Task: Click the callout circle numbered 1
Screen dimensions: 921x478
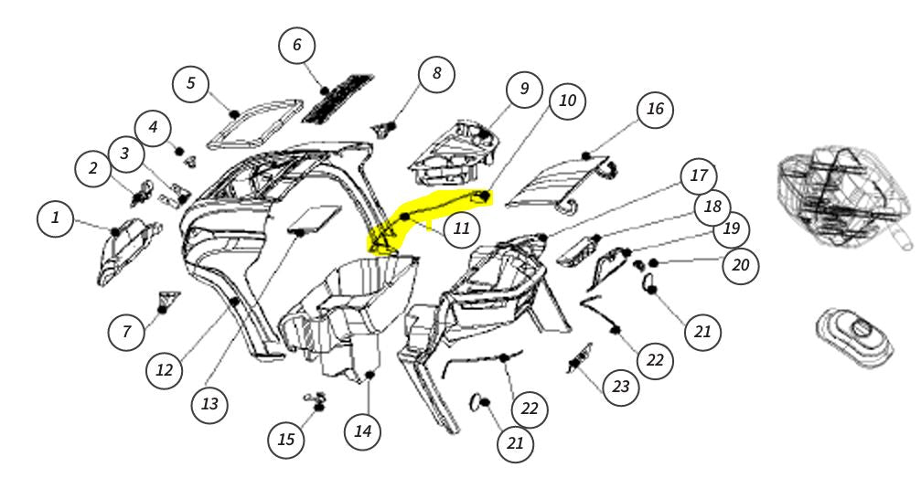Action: pyautogui.click(x=55, y=218)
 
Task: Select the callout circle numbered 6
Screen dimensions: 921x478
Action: pyautogui.click(x=296, y=45)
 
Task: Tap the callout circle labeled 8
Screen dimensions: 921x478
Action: pyautogui.click(x=436, y=73)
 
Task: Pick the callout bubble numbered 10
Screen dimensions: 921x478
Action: pyautogui.click(x=567, y=101)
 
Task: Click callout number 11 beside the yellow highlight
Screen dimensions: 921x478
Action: pyautogui.click(x=462, y=228)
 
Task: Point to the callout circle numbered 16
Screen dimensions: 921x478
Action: pyautogui.click(x=655, y=109)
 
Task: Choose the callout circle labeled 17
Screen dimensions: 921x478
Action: pyautogui.click(x=699, y=175)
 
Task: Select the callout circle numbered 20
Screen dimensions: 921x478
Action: pyautogui.click(x=741, y=265)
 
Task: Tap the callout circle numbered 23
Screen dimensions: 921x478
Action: pyautogui.click(x=620, y=387)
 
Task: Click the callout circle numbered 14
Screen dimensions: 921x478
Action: pyautogui.click(x=363, y=431)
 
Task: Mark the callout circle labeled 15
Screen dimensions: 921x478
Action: pyautogui.click(x=286, y=440)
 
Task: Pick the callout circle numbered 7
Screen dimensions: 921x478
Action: pyautogui.click(x=127, y=332)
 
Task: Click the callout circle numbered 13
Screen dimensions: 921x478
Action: pyautogui.click(x=209, y=404)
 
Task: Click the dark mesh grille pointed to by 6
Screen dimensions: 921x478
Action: pyautogui.click(x=337, y=98)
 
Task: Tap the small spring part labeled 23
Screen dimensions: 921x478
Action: pyautogui.click(x=579, y=357)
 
